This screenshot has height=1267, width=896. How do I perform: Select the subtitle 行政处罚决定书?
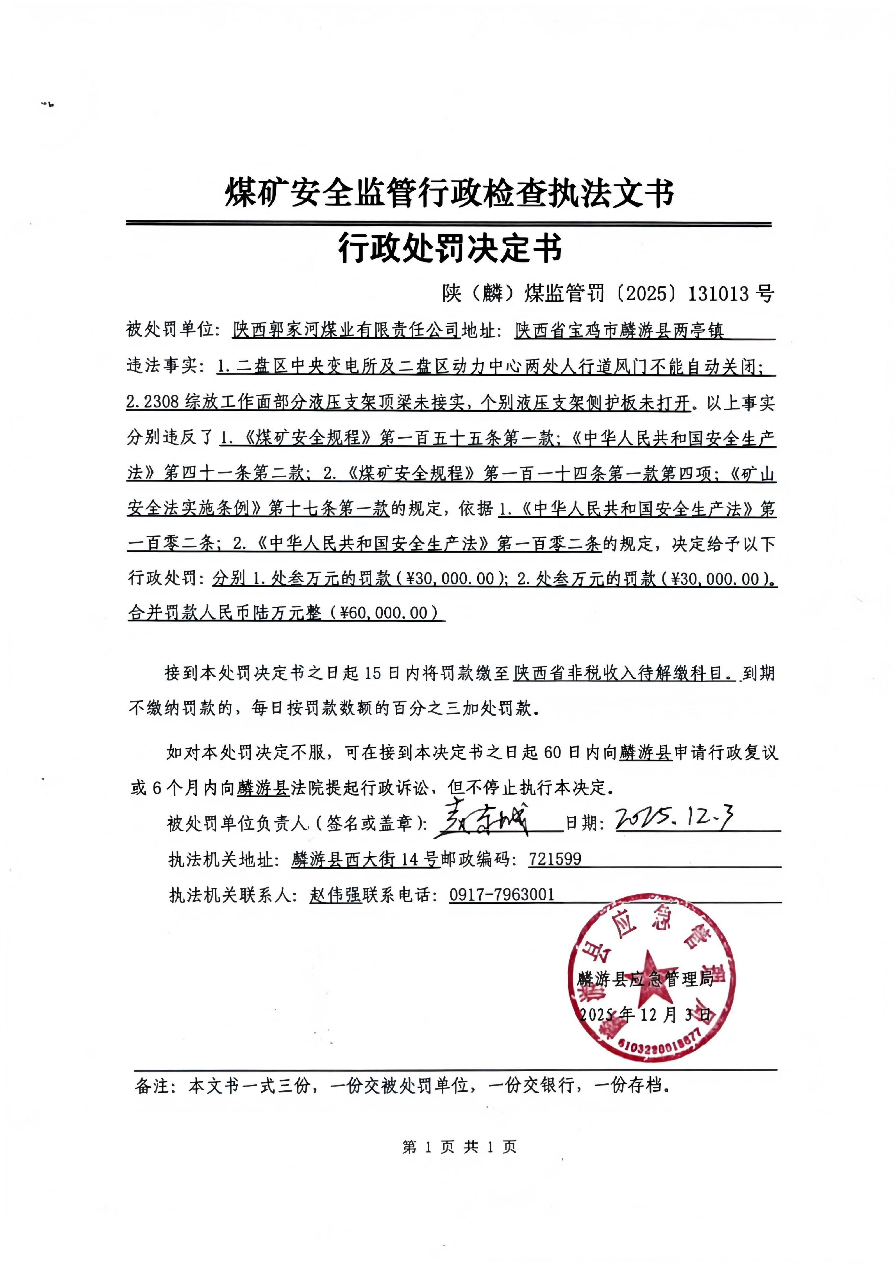[450, 248]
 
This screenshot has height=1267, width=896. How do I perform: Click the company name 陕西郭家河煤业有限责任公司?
[346, 330]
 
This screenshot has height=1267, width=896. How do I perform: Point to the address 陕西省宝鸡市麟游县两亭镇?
[619, 330]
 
